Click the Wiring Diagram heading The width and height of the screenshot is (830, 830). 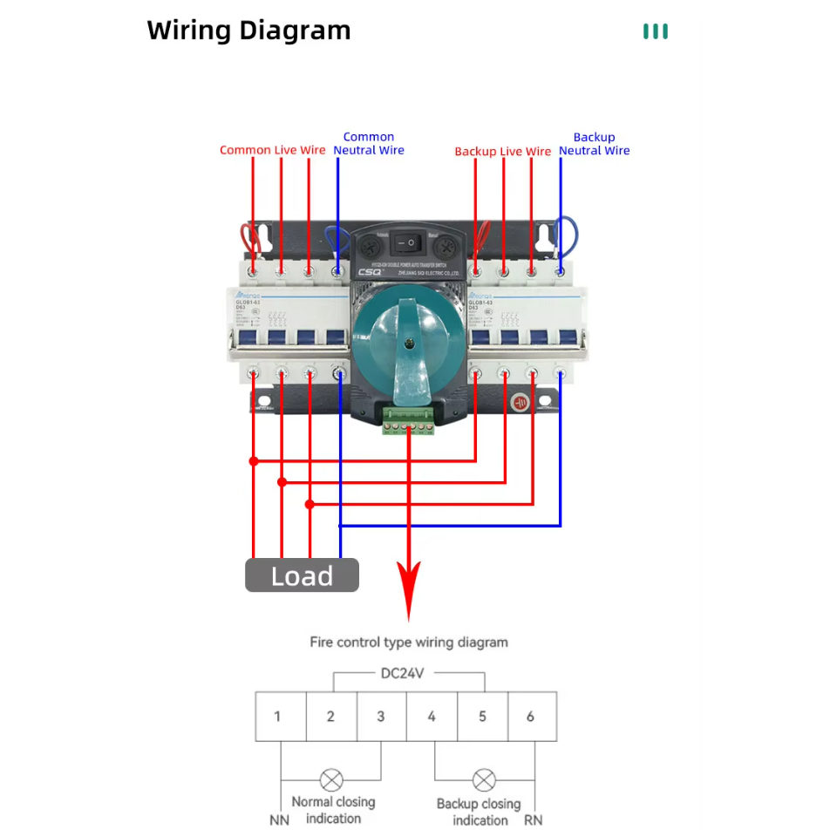pos(248,31)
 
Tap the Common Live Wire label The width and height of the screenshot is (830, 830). pos(272,150)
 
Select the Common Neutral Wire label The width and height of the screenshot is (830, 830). pos(369,144)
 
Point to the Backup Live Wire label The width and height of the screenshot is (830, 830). pos(502,152)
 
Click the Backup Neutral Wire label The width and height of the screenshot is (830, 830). pos(594,144)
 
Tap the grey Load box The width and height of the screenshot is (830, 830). pos(302,575)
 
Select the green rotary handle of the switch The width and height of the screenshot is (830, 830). pos(409,344)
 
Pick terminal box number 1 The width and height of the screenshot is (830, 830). pos(278,717)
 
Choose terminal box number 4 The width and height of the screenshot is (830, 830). pos(432,717)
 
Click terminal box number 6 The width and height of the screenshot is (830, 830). pos(531,717)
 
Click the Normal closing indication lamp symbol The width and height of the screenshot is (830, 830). pos(332,779)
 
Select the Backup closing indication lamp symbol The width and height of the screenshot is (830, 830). pos(484,779)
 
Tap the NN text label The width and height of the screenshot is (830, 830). pos(279,820)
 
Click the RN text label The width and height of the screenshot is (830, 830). pos(533,820)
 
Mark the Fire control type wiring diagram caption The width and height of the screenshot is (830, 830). pos(409,643)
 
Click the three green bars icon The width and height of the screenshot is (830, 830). pos(656,32)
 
